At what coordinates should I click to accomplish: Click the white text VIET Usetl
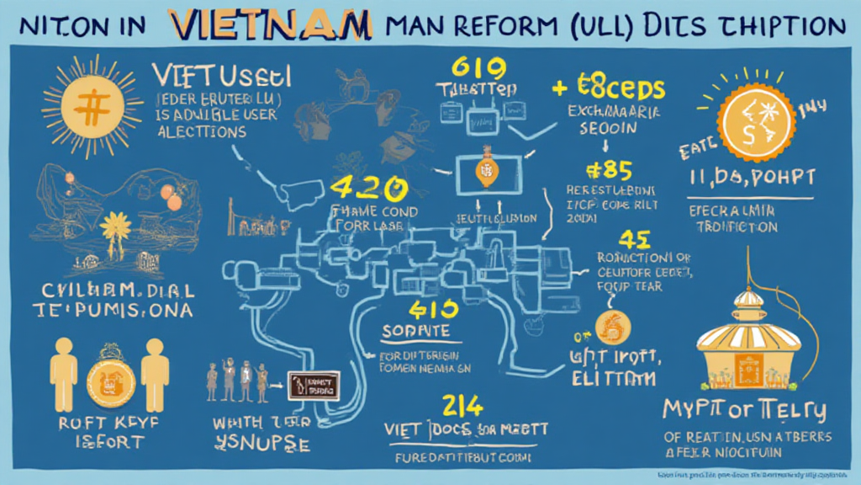[223, 77]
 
